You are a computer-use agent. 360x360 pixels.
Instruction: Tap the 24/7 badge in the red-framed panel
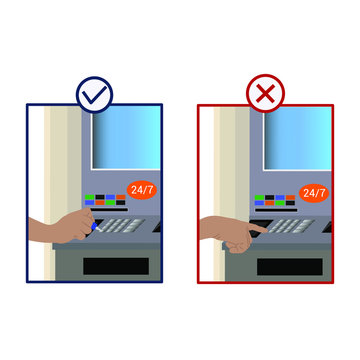tap(313, 192)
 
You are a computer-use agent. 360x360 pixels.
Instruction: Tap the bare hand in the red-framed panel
tap(232, 234)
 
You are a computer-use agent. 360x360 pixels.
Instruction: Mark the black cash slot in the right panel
tap(289, 267)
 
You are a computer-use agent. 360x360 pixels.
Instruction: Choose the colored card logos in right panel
tap(275, 201)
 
